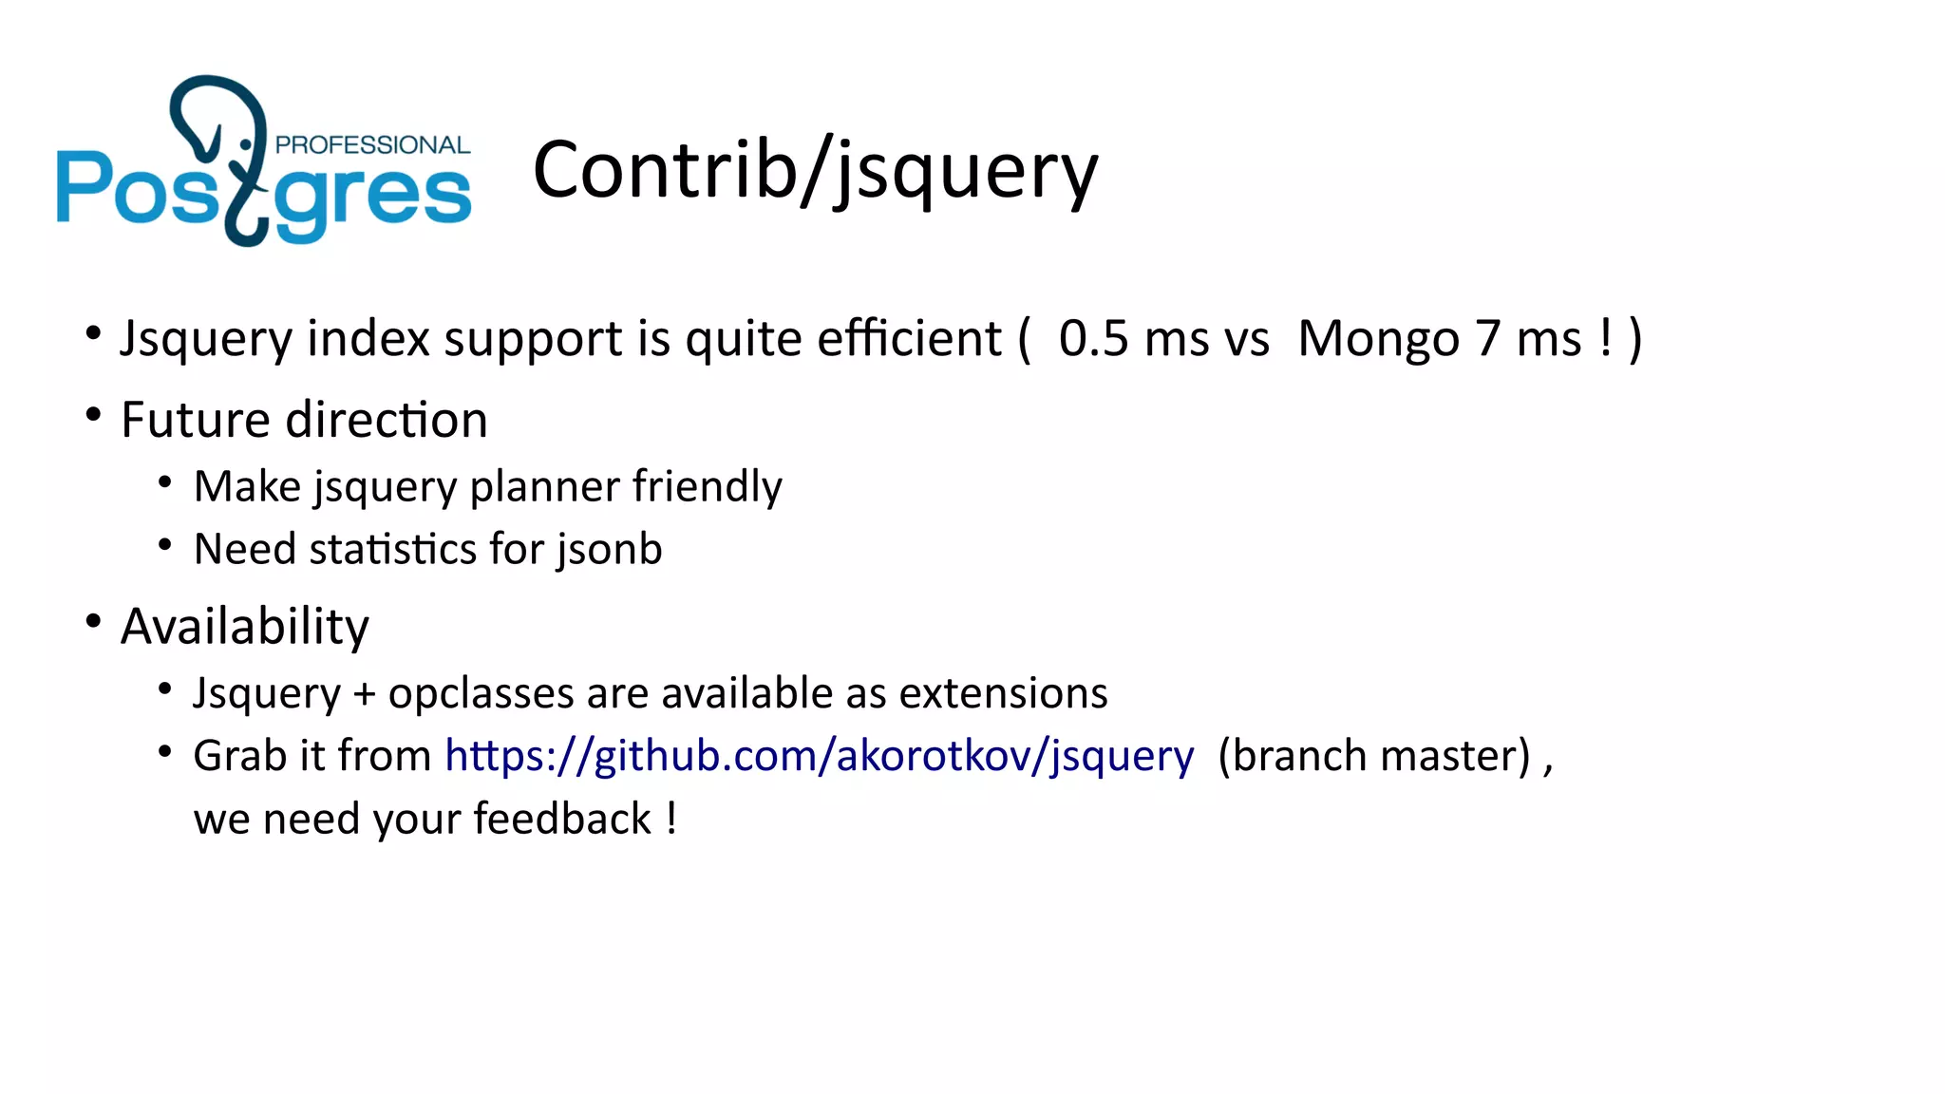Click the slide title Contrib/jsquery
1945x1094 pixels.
click(815, 171)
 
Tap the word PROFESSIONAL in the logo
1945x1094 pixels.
click(372, 145)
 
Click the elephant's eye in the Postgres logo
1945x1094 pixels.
click(247, 144)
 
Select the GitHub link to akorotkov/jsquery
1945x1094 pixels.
click(819, 756)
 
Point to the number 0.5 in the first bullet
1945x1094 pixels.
click(1093, 339)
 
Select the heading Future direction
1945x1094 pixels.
click(304, 420)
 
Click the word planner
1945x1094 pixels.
click(545, 487)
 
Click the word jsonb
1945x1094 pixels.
click(610, 550)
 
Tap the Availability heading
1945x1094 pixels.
click(245, 627)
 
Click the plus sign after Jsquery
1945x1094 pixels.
click(364, 694)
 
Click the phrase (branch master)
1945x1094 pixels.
click(1374, 756)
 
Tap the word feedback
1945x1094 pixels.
click(562, 819)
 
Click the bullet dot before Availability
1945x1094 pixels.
click(93, 622)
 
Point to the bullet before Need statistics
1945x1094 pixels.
click(165, 545)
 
